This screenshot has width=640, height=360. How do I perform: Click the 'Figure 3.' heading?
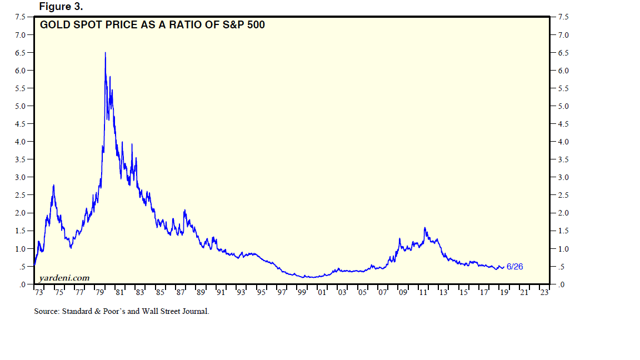click(x=61, y=6)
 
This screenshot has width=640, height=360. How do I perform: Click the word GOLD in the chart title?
click(x=54, y=24)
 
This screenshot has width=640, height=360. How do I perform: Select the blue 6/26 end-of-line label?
click(x=514, y=267)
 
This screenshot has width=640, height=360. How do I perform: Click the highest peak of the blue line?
click(x=105, y=53)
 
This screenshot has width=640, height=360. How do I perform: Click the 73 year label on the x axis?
click(x=38, y=292)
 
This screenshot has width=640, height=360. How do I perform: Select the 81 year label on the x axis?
click(x=119, y=292)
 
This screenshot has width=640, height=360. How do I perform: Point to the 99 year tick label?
click(x=302, y=292)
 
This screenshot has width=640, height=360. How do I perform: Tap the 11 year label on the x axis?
click(x=423, y=292)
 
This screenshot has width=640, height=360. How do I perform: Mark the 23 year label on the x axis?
click(x=544, y=292)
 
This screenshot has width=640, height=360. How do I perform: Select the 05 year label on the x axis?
click(x=362, y=292)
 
